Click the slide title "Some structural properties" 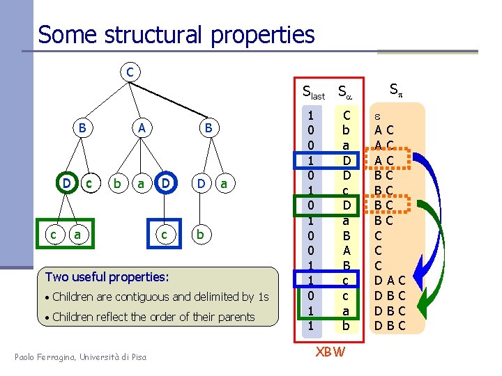pos(176,34)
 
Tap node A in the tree pos(142,127)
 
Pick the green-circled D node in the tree pos(66,184)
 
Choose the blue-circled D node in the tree pos(165,184)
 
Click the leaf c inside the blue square pos(164,235)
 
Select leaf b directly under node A pos(117,184)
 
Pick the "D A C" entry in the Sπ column pos(390,280)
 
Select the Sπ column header pos(395,89)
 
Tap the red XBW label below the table pos(329,352)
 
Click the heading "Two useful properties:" pos(107,276)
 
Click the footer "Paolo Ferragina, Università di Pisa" pos(82,357)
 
